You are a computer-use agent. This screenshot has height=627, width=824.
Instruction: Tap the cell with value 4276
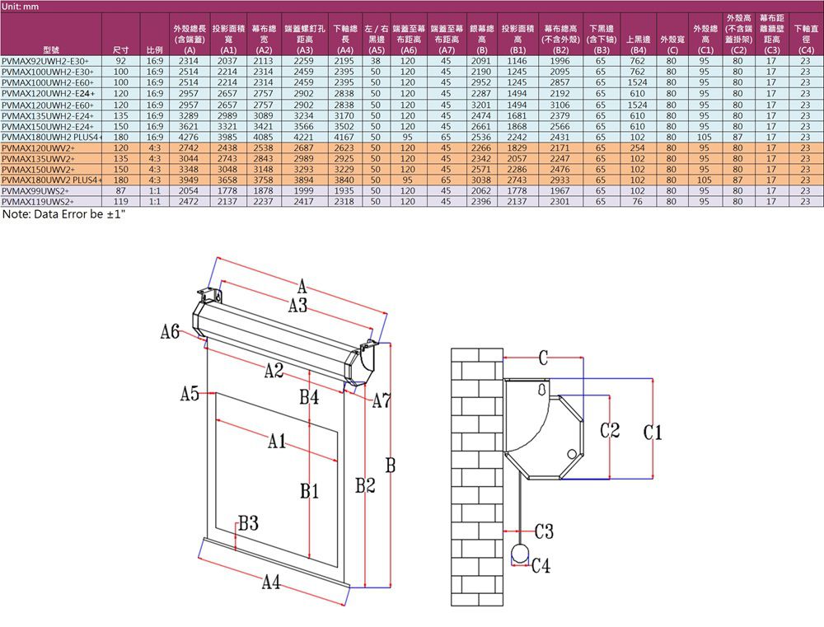click(x=188, y=138)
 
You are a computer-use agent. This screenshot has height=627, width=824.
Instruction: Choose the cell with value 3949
click(x=188, y=178)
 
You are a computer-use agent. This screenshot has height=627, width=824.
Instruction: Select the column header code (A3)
click(x=302, y=50)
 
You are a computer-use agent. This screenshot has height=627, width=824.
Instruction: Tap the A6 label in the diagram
click(x=171, y=332)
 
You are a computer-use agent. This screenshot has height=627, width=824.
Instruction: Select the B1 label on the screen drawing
click(x=310, y=493)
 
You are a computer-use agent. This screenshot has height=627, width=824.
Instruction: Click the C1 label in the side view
click(x=653, y=432)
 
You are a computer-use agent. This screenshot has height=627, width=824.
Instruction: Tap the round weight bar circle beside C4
click(x=520, y=554)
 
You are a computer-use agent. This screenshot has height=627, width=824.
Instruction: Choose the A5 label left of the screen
click(x=190, y=395)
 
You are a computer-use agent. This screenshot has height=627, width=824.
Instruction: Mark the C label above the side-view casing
click(x=543, y=357)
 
